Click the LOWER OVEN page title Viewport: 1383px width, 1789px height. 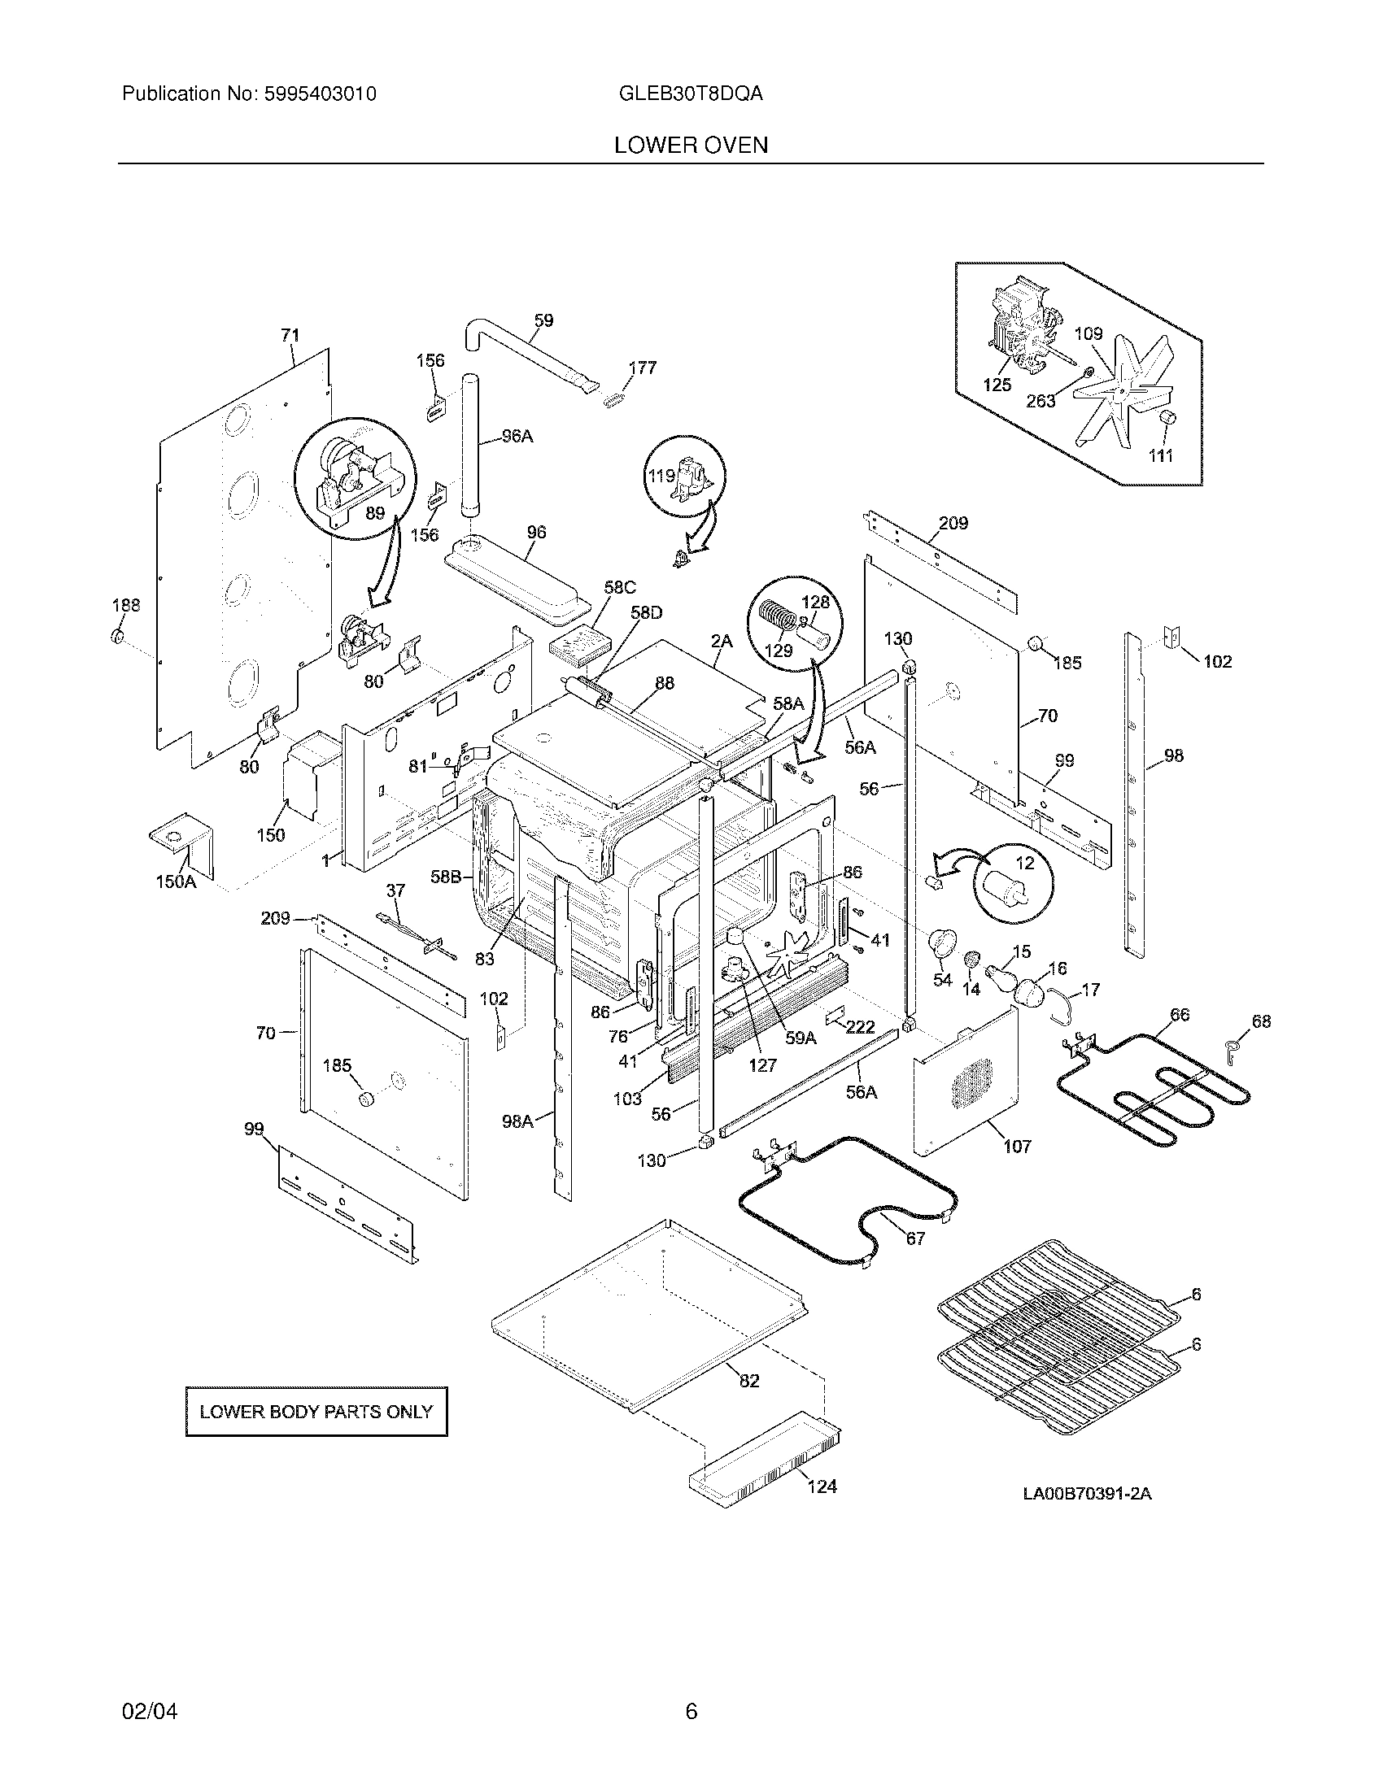click(691, 146)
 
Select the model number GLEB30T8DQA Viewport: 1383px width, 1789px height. click(691, 94)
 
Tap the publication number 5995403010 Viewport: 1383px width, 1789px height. click(320, 94)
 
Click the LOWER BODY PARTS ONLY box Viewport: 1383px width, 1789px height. click(316, 1412)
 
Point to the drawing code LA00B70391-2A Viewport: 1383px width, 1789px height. click(1086, 1493)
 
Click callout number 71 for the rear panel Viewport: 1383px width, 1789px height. click(290, 335)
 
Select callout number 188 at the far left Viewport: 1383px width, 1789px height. click(126, 605)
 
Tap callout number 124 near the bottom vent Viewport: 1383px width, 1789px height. click(822, 1486)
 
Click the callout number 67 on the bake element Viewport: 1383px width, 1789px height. click(915, 1238)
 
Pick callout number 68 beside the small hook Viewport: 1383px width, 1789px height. click(1261, 1021)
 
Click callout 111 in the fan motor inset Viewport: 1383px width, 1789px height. click(1160, 455)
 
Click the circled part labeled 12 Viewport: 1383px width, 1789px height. click(1014, 883)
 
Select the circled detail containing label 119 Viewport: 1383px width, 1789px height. click(685, 476)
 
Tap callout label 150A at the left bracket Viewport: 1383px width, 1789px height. click(176, 882)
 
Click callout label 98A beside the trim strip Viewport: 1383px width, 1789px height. click(517, 1121)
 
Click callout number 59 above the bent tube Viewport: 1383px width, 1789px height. click(543, 320)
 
